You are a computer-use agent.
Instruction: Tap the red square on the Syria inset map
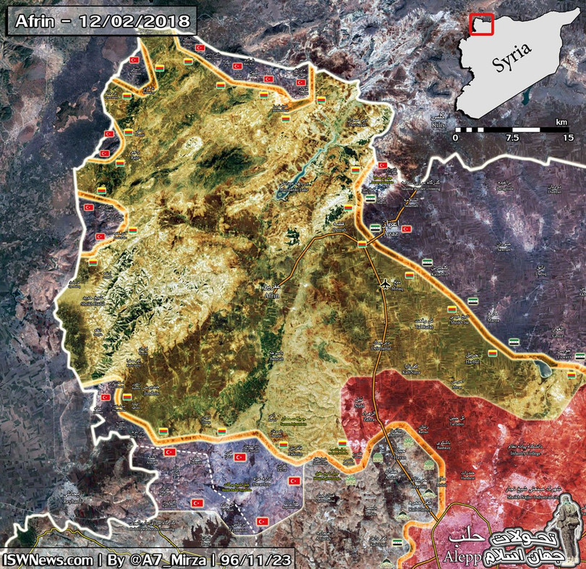(x=480, y=24)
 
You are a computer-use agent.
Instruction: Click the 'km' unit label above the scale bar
(x=561, y=122)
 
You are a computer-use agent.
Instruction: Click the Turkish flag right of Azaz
(x=407, y=229)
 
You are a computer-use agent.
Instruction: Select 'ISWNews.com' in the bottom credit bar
(x=48, y=559)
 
